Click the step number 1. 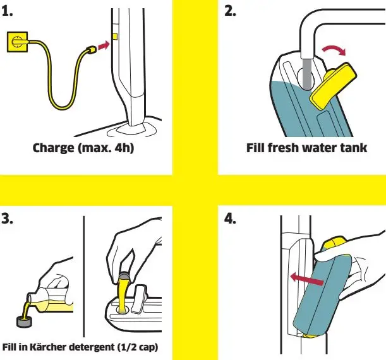click(x=8, y=12)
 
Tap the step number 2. click(x=231, y=11)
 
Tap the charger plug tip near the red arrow click(x=90, y=48)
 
